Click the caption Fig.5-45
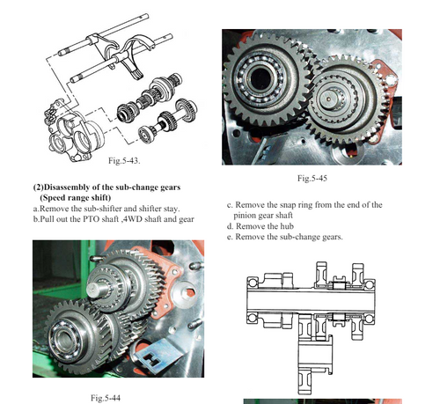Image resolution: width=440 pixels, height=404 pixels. point(312,179)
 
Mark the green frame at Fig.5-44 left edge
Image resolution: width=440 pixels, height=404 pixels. point(40,264)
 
